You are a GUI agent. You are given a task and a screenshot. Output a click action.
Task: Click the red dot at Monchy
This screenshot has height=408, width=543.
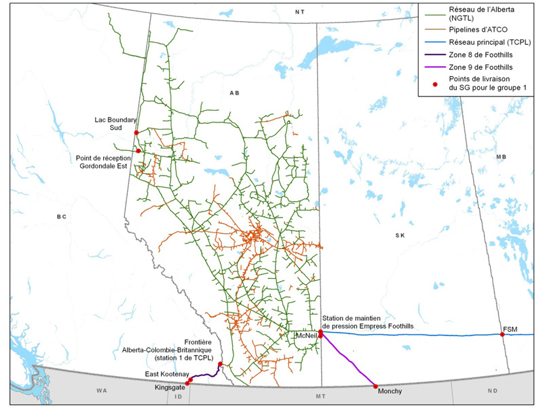376,386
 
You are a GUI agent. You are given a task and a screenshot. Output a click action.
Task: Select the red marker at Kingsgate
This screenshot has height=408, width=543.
187,384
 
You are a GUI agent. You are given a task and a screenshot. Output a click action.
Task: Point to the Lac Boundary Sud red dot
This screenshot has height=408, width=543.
136,132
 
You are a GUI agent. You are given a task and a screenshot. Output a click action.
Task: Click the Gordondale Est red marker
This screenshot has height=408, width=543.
138,151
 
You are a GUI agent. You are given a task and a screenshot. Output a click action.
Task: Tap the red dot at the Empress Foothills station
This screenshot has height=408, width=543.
320,332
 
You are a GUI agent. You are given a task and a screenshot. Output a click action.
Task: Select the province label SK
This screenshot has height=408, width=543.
400,235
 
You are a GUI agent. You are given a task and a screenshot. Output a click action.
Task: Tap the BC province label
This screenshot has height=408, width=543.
61,217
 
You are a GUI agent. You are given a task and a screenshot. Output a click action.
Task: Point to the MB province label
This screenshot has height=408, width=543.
502,157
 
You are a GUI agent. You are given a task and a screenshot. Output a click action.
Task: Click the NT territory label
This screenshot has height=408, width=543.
300,12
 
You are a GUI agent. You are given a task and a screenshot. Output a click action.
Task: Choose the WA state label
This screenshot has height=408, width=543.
102,390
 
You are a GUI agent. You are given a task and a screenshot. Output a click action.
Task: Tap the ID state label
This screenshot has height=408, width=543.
179,396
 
